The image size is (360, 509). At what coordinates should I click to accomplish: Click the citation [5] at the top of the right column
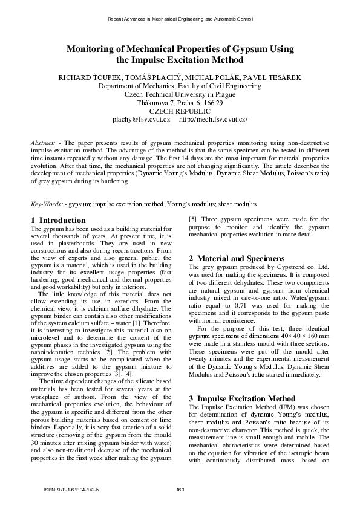point(194,219)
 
